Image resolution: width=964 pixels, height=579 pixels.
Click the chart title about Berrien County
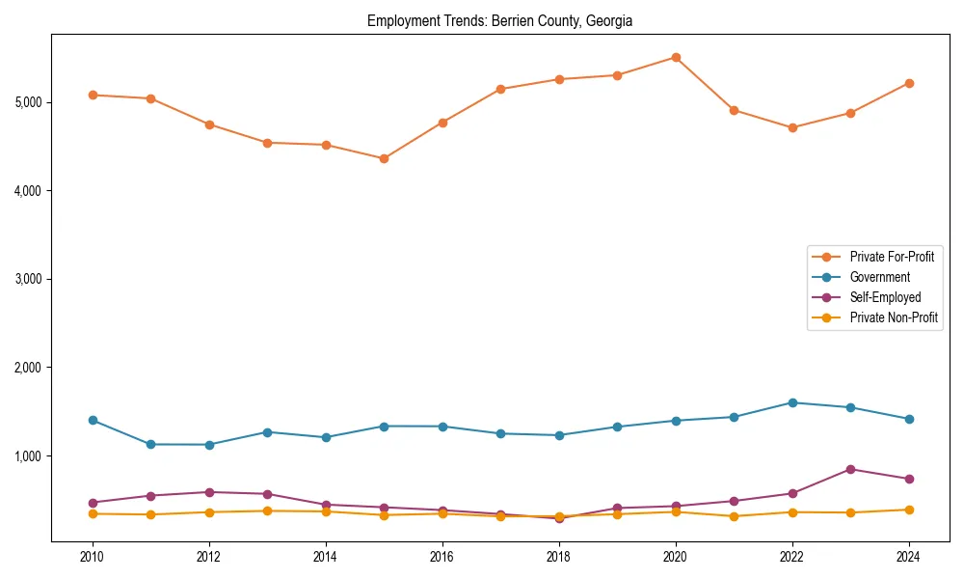[x=499, y=20]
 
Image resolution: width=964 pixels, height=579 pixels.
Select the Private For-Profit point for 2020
[x=676, y=58]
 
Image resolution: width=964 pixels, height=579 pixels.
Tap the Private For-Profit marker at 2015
[x=384, y=158]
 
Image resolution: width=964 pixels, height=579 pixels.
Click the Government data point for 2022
[x=792, y=402]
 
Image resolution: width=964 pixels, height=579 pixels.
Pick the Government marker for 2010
[x=93, y=420]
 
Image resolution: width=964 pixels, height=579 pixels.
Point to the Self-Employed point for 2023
[x=850, y=469]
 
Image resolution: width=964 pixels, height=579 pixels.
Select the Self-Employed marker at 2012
[x=209, y=492]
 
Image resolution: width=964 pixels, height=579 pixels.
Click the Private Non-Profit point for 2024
[x=909, y=510]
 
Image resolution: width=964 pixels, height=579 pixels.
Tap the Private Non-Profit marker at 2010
[x=93, y=513]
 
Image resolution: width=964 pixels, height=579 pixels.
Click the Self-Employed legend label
[x=885, y=297]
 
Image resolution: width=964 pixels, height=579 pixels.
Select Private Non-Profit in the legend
[x=894, y=317]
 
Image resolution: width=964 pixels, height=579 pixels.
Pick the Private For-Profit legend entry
[x=891, y=257]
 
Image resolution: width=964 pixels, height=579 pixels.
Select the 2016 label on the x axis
[x=442, y=557]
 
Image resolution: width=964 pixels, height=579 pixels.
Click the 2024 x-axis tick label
[x=909, y=557]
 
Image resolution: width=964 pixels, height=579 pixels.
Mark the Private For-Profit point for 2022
[x=792, y=127]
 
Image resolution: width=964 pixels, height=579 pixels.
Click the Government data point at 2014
[x=326, y=437]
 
